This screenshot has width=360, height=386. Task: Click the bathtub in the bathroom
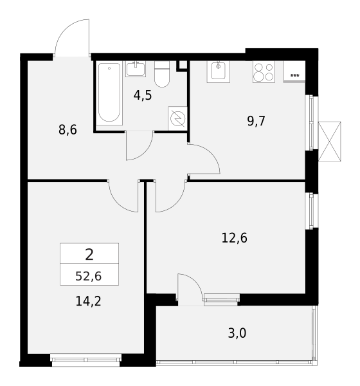coord(109,93)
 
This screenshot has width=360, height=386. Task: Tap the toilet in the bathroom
coord(162,74)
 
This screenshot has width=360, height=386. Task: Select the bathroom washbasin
coord(136,69)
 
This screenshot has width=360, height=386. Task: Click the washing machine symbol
coord(177,118)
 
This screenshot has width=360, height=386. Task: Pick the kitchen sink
coord(219,71)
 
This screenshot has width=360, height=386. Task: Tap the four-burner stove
coord(264,71)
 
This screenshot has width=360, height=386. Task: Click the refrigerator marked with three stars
coord(294,71)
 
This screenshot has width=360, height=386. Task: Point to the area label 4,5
coord(143,95)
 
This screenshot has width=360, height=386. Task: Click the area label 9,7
coord(256,121)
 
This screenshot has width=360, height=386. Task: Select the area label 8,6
coord(67,129)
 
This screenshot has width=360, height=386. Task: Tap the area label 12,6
coord(234,238)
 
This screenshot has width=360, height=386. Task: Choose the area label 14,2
coord(88,301)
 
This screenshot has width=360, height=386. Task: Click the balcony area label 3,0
coord(237,333)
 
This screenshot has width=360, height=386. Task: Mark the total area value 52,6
coord(88,276)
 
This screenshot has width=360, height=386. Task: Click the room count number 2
coord(89,254)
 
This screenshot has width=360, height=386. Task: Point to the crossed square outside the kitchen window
coord(330,142)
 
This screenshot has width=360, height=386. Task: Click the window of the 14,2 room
coord(86,360)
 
